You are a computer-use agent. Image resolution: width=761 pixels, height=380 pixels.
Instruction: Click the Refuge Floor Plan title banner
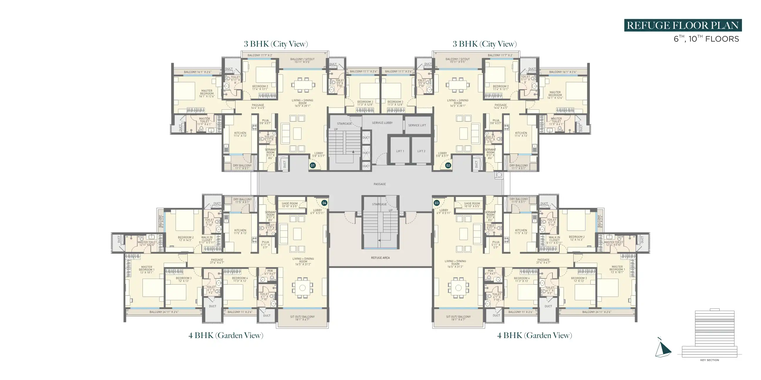point(682,26)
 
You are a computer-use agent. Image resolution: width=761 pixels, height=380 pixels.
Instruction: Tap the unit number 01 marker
point(313,165)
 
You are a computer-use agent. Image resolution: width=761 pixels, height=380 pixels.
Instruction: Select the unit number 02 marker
point(448,165)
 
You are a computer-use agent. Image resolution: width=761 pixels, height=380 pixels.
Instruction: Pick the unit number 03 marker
point(437,203)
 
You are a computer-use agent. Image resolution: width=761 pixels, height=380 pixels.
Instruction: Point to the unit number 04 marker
point(324,203)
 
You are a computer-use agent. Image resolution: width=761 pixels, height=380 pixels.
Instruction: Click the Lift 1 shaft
point(400,151)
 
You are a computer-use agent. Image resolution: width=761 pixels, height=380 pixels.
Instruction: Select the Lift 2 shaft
point(421,151)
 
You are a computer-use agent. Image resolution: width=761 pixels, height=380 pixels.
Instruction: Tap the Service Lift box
point(417,125)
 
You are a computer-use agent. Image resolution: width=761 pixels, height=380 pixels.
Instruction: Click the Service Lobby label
point(382,123)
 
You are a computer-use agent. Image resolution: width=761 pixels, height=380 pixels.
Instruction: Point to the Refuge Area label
point(380,258)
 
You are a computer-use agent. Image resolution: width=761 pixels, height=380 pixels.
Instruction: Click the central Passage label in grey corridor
point(380,184)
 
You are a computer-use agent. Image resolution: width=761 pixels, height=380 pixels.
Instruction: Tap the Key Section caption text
point(709,360)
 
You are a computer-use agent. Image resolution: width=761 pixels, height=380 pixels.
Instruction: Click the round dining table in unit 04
point(302,287)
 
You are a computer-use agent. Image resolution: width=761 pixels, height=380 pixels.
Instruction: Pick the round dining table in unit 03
point(458,288)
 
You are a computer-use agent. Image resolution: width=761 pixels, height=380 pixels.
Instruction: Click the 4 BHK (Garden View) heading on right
point(534,335)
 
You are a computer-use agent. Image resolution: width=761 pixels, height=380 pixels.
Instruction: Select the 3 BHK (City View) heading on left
point(276,44)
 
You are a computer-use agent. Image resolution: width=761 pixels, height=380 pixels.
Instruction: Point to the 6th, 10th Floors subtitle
point(706,39)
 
